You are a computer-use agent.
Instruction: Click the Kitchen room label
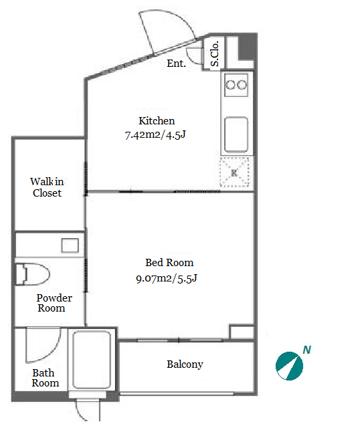157,121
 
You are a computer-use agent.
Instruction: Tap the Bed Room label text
169,263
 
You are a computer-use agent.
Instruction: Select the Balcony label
185,364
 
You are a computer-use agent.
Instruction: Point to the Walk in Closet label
47,187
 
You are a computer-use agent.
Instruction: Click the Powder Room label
54,303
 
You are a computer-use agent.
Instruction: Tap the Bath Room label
46,378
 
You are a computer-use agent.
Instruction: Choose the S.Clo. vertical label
215,53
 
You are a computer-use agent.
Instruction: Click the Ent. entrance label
176,64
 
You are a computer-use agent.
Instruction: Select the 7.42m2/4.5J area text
155,134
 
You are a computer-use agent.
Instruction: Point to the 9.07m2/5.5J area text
167,278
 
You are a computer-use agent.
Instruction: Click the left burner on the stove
230,85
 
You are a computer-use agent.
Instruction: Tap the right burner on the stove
242,85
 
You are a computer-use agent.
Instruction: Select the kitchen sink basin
236,134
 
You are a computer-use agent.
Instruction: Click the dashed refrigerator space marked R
234,173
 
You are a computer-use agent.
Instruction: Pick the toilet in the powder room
32,274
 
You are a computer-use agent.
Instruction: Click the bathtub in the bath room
92,360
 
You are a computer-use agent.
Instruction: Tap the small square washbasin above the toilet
70,245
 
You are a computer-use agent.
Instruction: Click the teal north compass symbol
289,366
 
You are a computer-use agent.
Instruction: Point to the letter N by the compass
306,350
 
